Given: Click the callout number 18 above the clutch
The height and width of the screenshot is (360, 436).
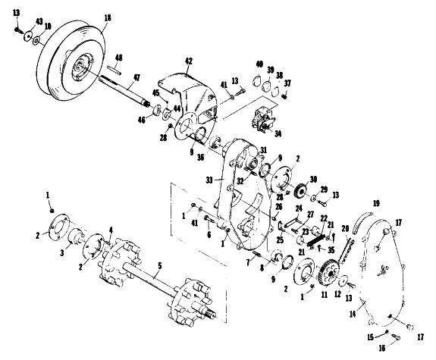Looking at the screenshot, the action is click(x=108, y=17).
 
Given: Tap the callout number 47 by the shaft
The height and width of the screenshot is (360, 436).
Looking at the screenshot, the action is click(x=136, y=78).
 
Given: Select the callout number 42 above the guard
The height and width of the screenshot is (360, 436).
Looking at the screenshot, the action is click(x=189, y=61).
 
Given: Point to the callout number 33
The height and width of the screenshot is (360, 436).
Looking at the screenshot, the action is click(x=209, y=180).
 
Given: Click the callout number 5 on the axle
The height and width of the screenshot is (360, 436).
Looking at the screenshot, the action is click(x=160, y=266).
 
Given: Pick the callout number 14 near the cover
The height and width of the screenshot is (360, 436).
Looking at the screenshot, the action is click(x=353, y=315).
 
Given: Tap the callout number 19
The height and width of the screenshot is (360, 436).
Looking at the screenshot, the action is click(x=376, y=203).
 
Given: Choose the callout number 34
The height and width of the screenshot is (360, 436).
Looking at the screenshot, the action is click(x=278, y=134).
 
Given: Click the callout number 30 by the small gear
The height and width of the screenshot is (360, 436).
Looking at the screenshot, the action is click(x=313, y=180).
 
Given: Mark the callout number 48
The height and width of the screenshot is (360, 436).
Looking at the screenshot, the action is click(x=119, y=58).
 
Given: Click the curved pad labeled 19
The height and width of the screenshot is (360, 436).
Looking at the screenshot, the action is click(x=362, y=222).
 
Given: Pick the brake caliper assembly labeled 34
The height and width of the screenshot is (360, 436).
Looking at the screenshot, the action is click(x=263, y=120).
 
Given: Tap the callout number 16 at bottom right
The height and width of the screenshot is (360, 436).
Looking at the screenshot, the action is click(x=382, y=348).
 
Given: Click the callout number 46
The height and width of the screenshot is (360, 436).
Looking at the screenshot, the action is click(x=142, y=121).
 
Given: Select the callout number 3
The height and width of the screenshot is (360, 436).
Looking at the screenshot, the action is click(x=62, y=252).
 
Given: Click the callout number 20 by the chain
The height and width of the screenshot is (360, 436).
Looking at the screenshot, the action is click(x=345, y=229).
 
